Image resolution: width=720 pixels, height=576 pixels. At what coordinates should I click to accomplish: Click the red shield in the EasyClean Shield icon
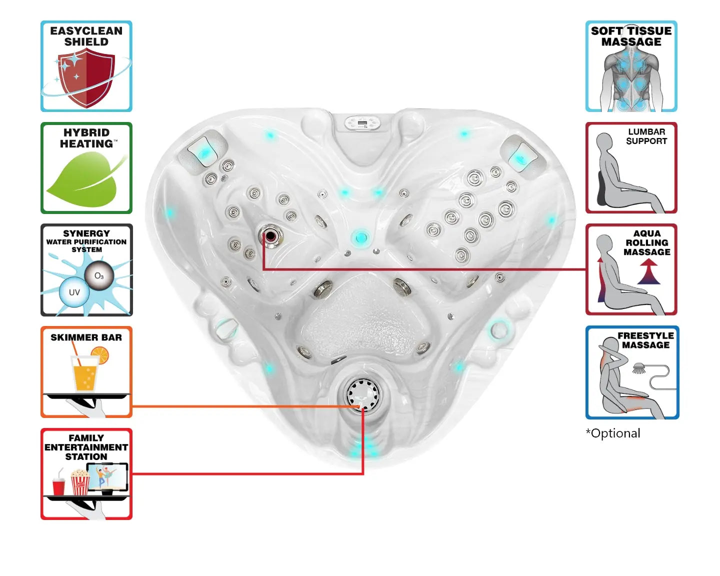pyautogui.click(x=86, y=77)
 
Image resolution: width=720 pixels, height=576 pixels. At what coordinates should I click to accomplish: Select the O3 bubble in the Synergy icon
pyautogui.click(x=99, y=275)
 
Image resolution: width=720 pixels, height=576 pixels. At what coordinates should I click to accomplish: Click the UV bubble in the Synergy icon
pyautogui.click(x=74, y=292)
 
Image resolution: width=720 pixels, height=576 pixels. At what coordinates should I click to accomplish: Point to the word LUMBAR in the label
pyautogui.click(x=646, y=132)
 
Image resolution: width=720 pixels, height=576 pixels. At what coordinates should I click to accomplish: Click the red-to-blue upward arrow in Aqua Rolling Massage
pyautogui.click(x=649, y=272)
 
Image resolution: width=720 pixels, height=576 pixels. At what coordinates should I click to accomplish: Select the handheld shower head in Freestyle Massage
pyautogui.click(x=639, y=369)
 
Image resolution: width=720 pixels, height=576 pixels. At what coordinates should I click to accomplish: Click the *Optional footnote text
pyautogui.click(x=613, y=433)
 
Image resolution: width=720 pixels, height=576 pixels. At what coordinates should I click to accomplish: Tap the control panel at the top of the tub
pyautogui.click(x=363, y=123)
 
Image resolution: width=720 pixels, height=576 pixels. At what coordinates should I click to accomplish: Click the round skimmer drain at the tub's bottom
pyautogui.click(x=362, y=393)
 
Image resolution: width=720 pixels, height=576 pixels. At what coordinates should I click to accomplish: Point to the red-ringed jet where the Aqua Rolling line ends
pyautogui.click(x=271, y=235)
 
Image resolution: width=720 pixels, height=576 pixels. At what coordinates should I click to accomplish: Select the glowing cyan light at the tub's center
pyautogui.click(x=360, y=237)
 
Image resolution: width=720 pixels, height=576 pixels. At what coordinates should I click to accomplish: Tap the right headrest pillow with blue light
pyautogui.click(x=519, y=155)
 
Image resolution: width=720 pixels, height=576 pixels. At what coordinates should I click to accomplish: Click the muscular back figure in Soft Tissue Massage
pyautogui.click(x=631, y=80)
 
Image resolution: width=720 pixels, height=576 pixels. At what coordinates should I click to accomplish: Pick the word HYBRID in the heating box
pyautogui.click(x=86, y=132)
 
